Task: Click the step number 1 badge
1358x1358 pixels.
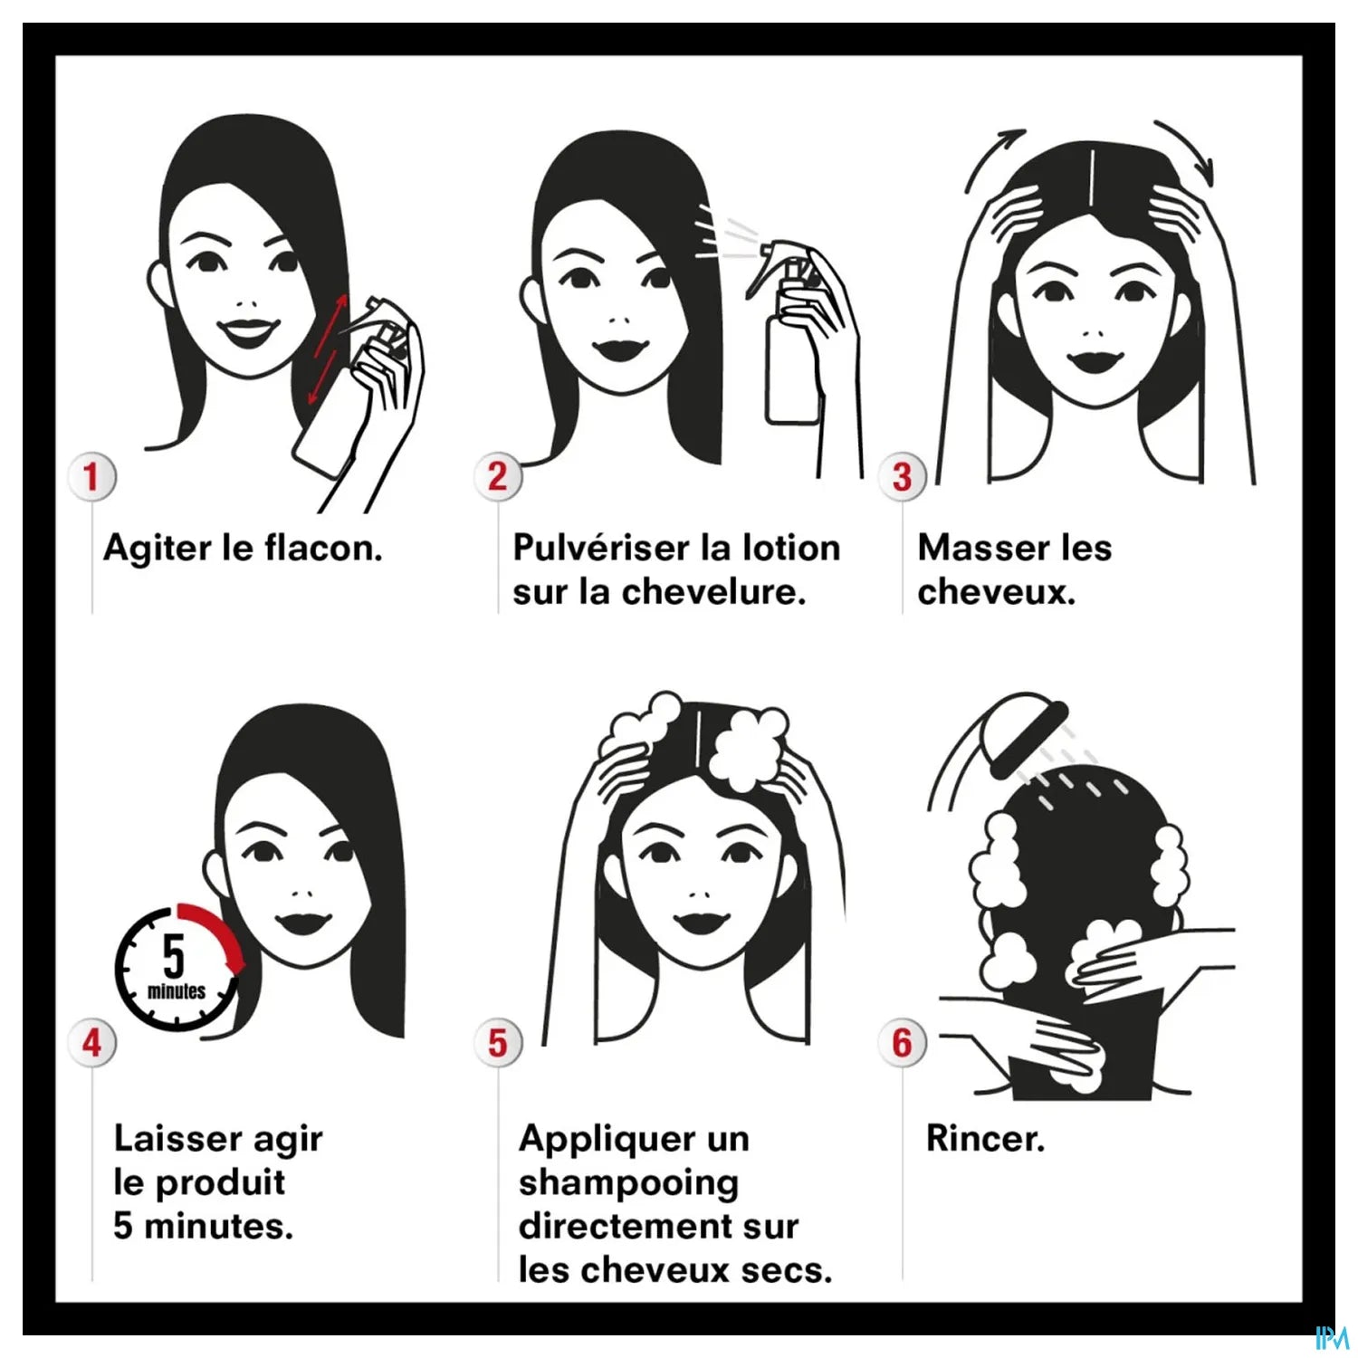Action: point(91,476)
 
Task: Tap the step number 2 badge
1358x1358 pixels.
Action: point(497,476)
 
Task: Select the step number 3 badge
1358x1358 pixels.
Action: point(902,476)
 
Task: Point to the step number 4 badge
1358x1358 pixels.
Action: point(91,1043)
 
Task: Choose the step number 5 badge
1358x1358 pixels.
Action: point(497,1043)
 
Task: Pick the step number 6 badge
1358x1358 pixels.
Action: point(902,1043)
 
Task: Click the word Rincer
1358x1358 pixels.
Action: point(985,1138)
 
